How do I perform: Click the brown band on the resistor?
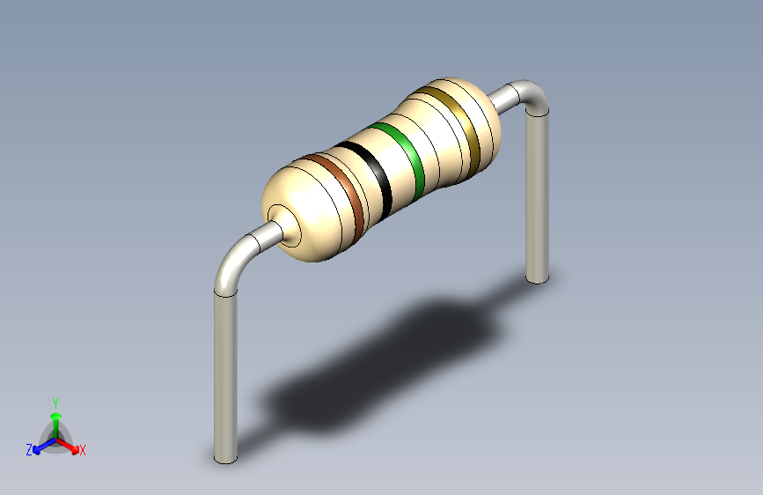348,195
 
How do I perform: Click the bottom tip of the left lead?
226,458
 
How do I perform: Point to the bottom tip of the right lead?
537,277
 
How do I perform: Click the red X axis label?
83,451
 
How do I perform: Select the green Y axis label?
55,401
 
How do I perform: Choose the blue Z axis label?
29,450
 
